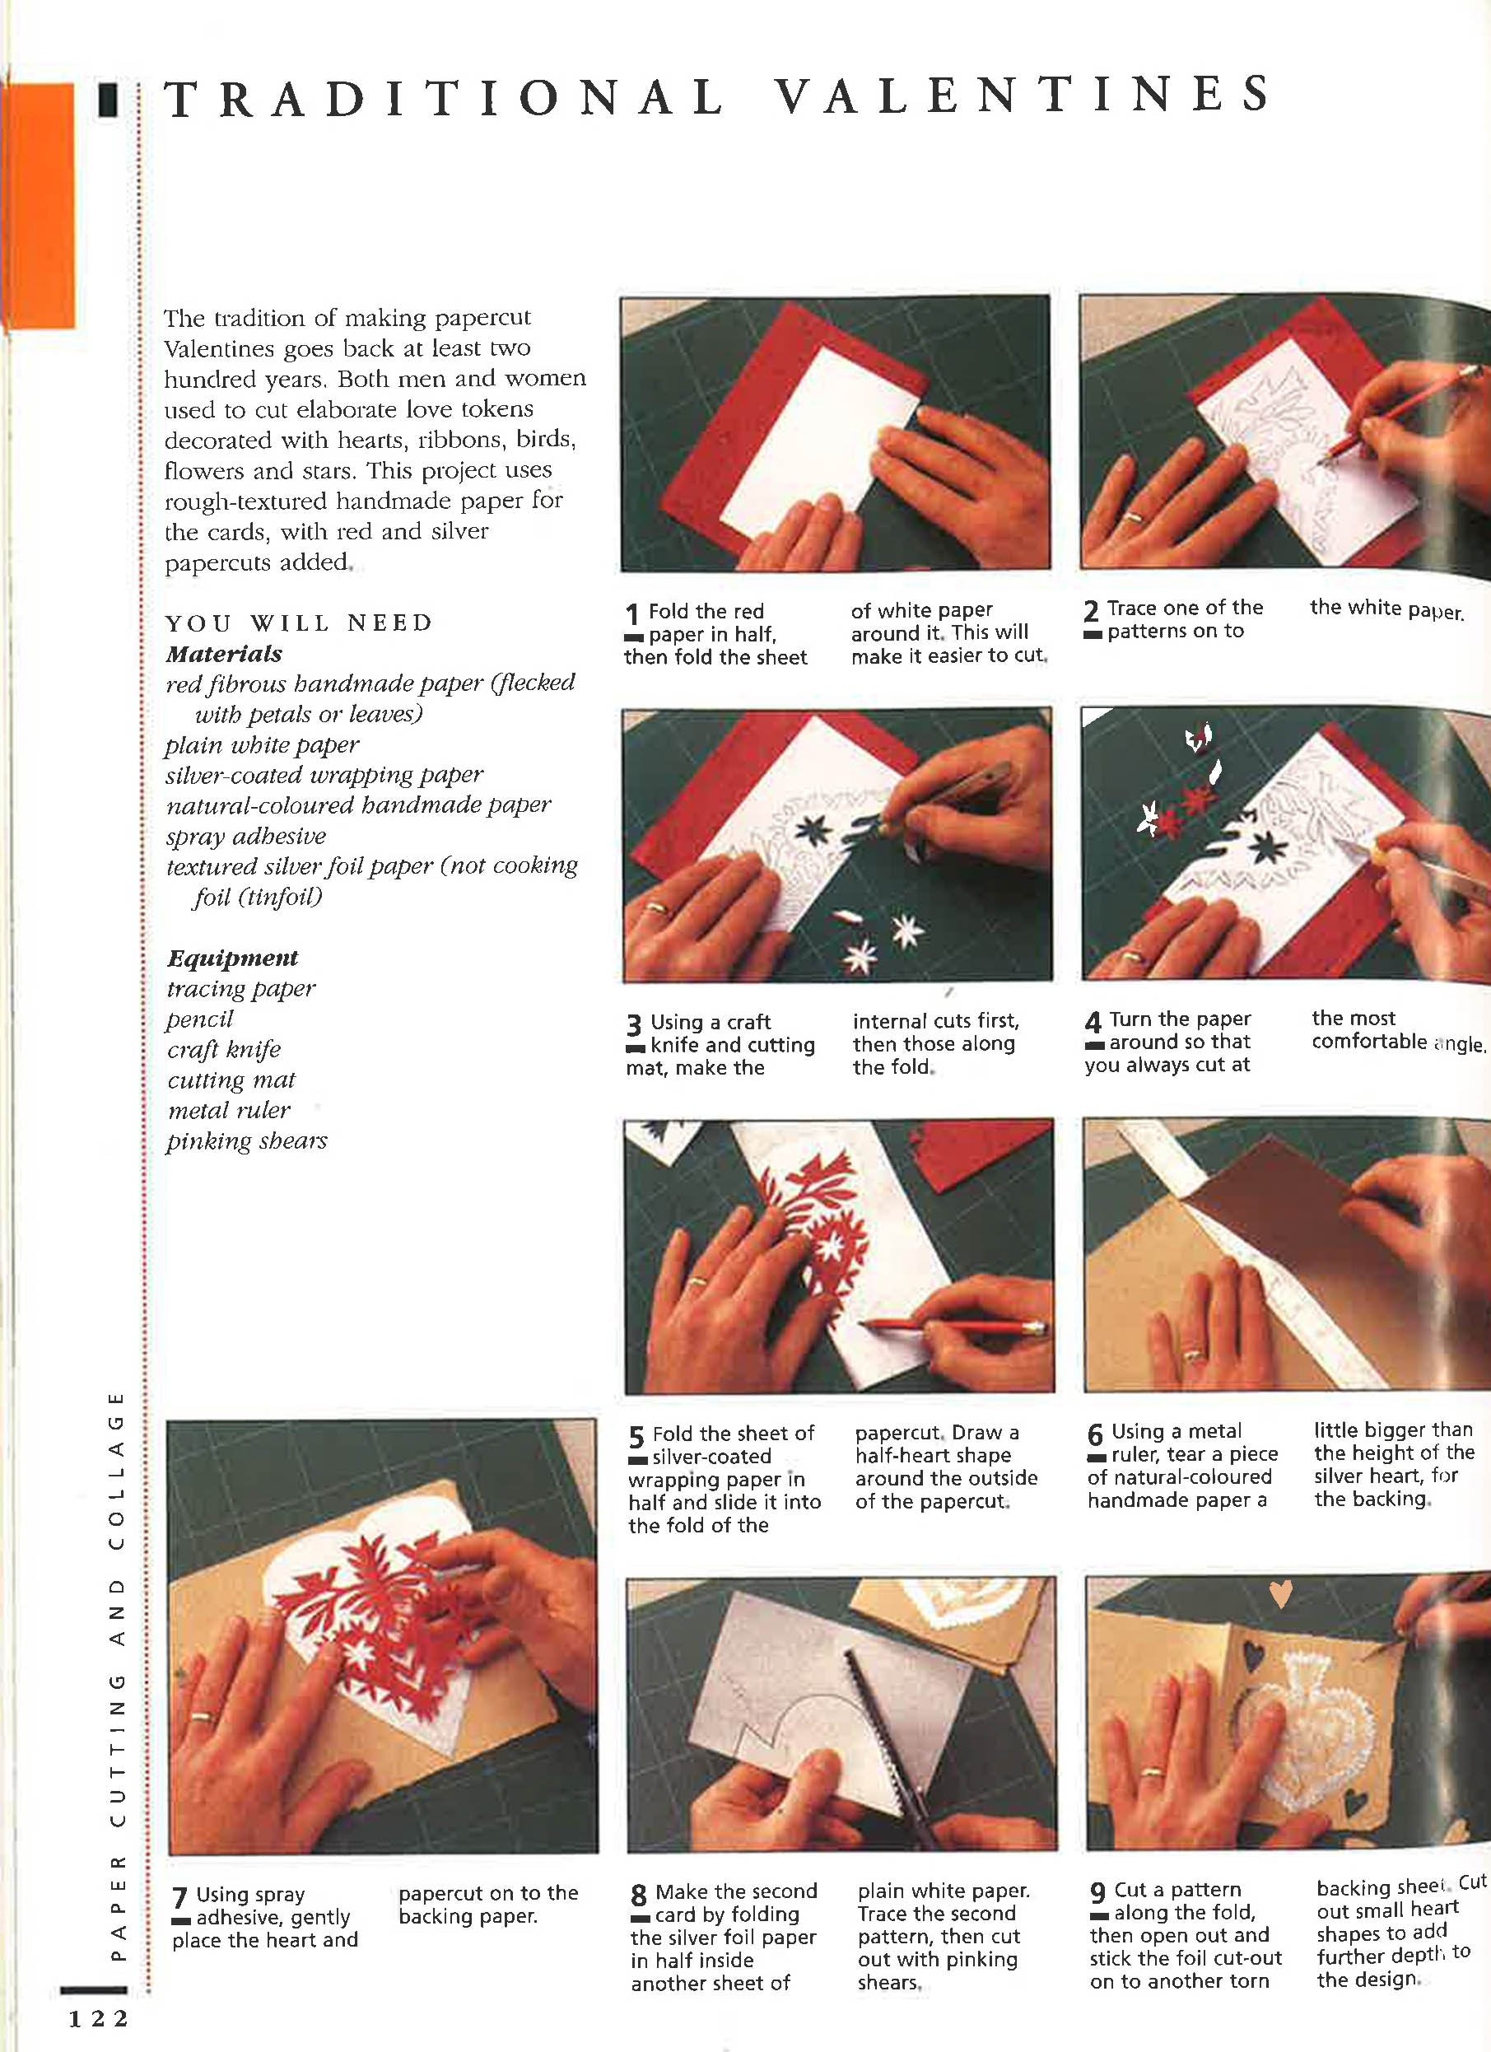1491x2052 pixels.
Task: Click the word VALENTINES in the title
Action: click(1023, 95)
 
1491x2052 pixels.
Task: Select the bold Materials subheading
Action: click(223, 653)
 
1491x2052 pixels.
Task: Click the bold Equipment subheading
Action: click(231, 957)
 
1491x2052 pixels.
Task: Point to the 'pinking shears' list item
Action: click(246, 1141)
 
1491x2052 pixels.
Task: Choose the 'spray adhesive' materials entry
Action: click(245, 836)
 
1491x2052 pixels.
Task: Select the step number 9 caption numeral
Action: click(1097, 1893)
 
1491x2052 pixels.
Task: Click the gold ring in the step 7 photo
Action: click(201, 1715)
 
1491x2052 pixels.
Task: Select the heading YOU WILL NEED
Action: click(299, 623)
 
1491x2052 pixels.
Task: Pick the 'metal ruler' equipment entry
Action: click(229, 1110)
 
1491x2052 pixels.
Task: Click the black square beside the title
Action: click(109, 100)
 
